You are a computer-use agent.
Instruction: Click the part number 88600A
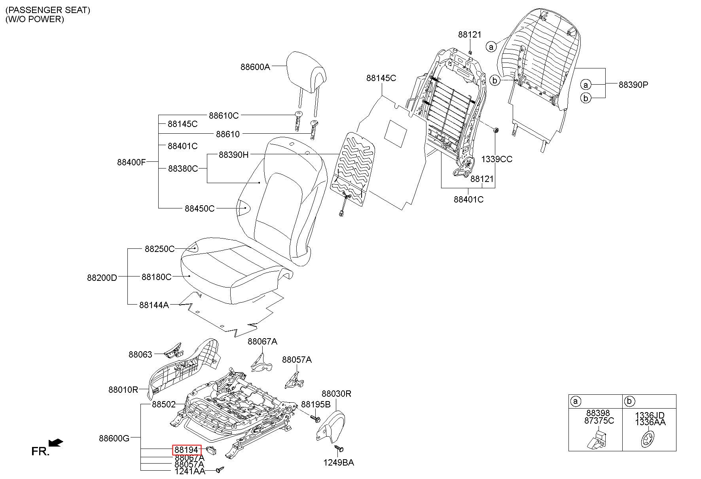(x=255, y=67)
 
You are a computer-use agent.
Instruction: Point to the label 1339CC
(x=496, y=159)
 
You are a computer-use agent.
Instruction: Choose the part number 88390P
(x=633, y=85)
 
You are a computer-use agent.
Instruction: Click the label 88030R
(x=336, y=394)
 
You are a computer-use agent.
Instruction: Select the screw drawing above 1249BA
(x=339, y=449)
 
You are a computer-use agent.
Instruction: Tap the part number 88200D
(x=102, y=278)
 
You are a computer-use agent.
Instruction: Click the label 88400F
(x=131, y=162)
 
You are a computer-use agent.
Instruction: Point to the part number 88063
(x=140, y=354)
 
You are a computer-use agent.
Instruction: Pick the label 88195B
(x=316, y=404)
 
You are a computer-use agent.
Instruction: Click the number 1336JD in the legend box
(x=650, y=415)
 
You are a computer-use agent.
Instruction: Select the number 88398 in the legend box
(x=598, y=413)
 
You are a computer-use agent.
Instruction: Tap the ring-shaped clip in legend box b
(x=648, y=440)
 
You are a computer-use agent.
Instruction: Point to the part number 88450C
(x=199, y=208)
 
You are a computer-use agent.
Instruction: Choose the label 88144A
(x=154, y=305)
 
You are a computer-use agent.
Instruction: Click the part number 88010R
(x=123, y=390)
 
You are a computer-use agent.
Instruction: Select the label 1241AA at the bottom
(x=190, y=471)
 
